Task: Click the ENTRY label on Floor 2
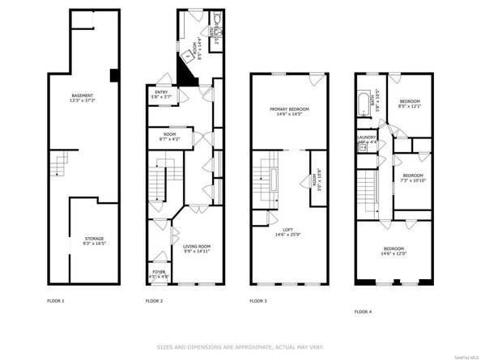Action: (160, 93)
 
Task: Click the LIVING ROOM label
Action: (196, 248)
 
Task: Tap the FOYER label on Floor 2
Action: (160, 273)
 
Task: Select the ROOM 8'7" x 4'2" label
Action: (170, 136)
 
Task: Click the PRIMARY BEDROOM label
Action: (289, 110)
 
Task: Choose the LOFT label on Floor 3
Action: (288, 231)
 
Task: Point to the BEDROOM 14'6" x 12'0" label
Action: (394, 250)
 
